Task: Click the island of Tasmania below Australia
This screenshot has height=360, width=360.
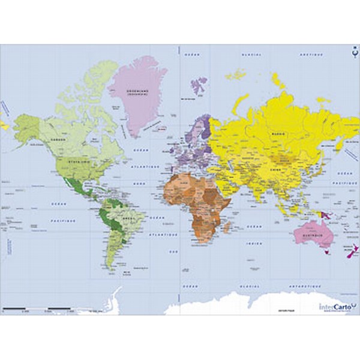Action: coord(327,253)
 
